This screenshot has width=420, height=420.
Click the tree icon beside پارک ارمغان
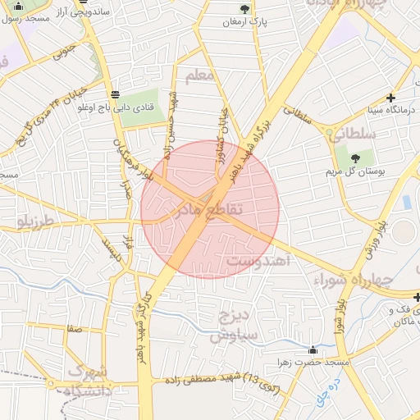[244, 9]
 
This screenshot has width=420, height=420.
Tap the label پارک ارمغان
[244, 22]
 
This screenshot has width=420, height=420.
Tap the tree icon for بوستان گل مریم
[355, 157]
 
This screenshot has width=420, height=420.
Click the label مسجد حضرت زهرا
[312, 363]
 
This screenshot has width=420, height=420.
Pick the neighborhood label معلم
[199, 76]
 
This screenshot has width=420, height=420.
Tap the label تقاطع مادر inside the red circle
[209, 210]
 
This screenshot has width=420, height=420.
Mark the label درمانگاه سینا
[374, 108]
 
